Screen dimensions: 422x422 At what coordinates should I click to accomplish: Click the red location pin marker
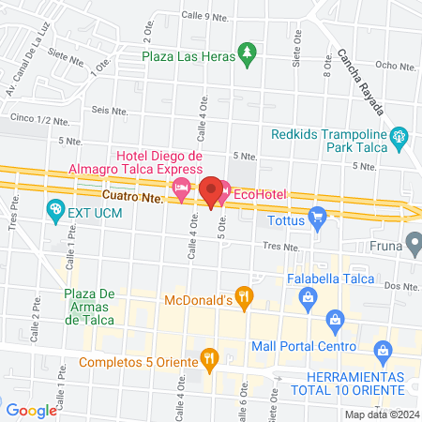[212, 190]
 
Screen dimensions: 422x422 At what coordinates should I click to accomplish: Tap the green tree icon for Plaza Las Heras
[247, 54]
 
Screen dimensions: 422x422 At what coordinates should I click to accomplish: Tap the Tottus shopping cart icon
[317, 220]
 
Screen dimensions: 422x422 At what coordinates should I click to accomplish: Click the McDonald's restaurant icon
[243, 299]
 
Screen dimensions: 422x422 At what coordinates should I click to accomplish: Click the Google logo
[32, 410]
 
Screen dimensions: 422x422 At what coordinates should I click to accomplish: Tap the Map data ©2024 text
[380, 414]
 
